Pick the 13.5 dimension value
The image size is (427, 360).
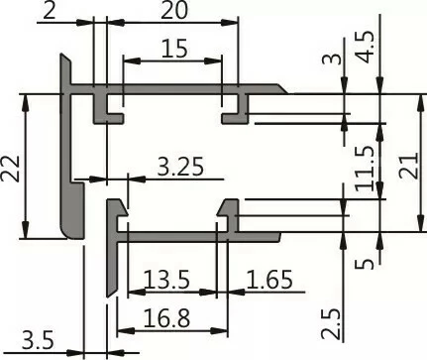pos(165,280)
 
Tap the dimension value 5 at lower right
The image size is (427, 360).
pos(364,263)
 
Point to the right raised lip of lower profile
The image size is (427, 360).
pos(229,211)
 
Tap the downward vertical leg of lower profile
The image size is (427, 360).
pos(110,268)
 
